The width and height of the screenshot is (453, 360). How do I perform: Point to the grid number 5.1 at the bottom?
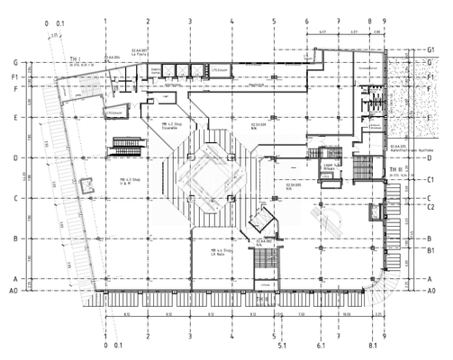coord(282,346)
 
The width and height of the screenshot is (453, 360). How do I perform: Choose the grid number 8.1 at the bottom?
coord(370,346)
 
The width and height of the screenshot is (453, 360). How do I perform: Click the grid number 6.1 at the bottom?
coord(320,346)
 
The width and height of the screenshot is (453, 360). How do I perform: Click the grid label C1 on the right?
coord(432,180)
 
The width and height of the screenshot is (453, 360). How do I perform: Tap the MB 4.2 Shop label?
coord(172,125)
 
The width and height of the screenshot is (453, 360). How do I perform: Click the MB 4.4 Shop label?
coord(222,253)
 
